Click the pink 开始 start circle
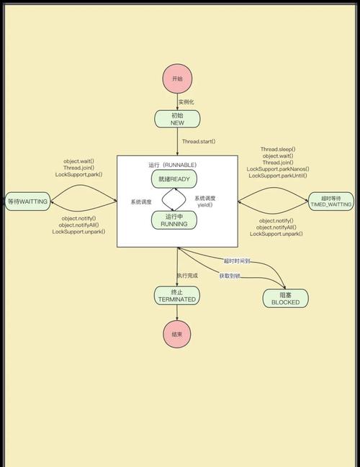tap(177, 78)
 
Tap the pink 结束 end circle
tap(177, 334)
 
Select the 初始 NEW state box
tap(177, 119)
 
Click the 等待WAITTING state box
tap(27, 201)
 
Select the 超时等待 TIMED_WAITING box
tap(330, 201)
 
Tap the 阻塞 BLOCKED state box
tap(286, 298)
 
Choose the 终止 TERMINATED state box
tap(177, 295)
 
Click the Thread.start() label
tap(199, 142)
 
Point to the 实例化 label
tap(187, 101)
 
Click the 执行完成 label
tap(187, 276)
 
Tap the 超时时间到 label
tap(236, 260)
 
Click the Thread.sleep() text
tap(278, 150)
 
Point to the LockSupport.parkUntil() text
tap(278, 176)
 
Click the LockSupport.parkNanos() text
tap(278, 169)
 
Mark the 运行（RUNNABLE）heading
tap(173, 165)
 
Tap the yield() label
tap(207, 204)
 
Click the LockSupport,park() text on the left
tap(78, 174)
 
